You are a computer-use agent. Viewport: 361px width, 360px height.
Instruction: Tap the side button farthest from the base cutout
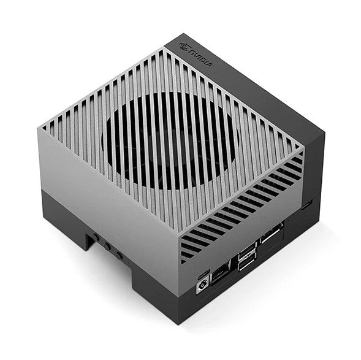(x=118, y=255)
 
